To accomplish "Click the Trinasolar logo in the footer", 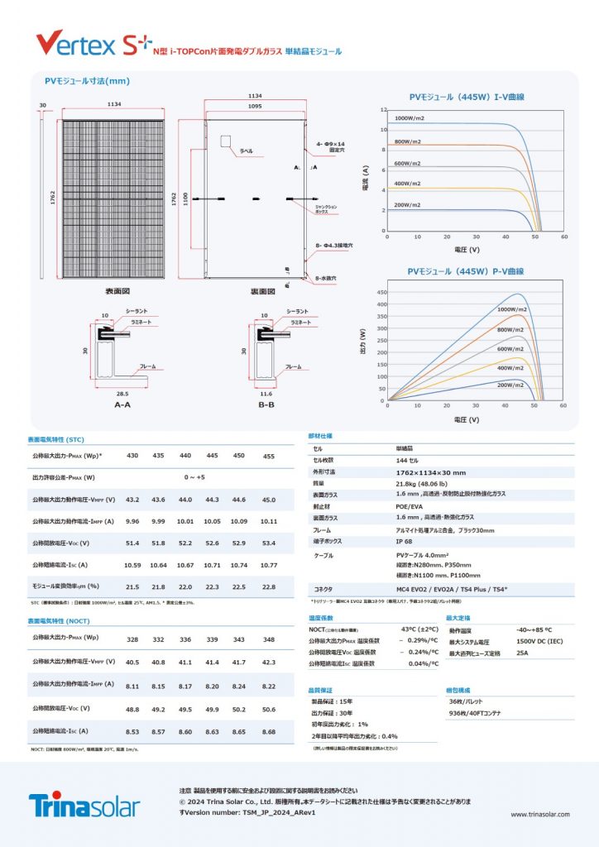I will (x=84, y=805).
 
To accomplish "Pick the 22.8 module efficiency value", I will (x=268, y=586).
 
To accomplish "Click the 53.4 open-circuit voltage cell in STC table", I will (x=268, y=543).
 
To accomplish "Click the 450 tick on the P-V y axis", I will (x=381, y=292).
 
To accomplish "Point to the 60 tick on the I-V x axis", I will (x=564, y=237).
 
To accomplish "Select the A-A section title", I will (x=122, y=405).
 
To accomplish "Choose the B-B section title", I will (x=265, y=405).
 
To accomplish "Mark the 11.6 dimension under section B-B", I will (x=265, y=395).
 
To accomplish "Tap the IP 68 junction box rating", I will (x=405, y=540).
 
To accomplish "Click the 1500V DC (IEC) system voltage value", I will (x=542, y=641).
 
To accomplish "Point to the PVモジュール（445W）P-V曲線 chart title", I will (x=466, y=271).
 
